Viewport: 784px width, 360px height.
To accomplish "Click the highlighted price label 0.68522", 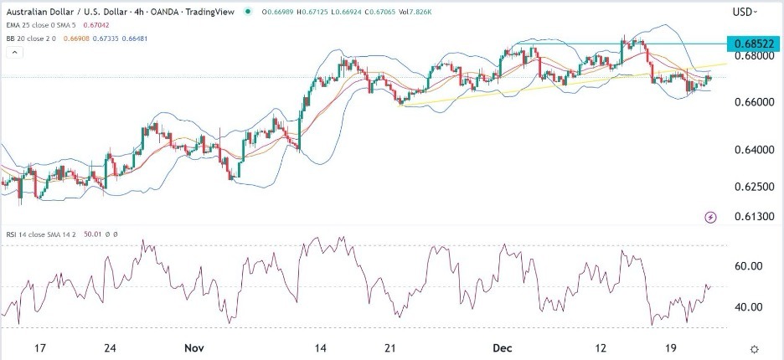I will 752,43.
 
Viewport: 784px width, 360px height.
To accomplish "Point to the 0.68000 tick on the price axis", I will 751,56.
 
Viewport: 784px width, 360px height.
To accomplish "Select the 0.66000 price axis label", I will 751,103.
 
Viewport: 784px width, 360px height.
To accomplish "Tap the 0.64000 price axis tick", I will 751,151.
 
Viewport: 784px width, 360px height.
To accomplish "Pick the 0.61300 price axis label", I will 751,216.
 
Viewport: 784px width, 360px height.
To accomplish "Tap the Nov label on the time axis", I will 193,347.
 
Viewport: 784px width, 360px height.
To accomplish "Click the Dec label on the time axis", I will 496,347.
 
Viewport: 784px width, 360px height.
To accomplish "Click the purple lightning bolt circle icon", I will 711,217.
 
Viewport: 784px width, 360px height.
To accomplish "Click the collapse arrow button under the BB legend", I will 14,52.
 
